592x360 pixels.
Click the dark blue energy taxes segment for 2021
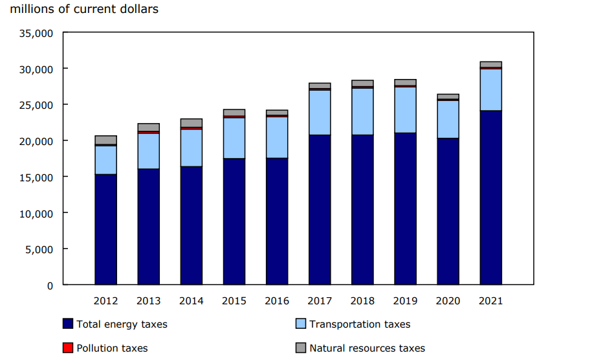[490, 197]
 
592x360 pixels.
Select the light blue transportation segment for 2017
[320, 112]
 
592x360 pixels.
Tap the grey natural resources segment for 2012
[105, 140]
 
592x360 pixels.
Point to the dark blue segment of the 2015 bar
[234, 221]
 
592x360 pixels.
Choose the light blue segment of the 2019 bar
[405, 109]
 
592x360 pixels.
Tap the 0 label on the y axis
[50, 285]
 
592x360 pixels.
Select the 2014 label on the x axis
[192, 301]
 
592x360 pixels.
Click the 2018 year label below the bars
[362, 301]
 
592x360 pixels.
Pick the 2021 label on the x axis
[490, 301]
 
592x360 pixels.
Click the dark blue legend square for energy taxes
[68, 324]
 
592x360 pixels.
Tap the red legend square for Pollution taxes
[68, 348]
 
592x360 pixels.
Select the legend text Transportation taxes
[360, 324]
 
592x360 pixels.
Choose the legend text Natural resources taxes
[367, 348]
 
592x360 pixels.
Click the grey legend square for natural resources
[300, 348]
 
